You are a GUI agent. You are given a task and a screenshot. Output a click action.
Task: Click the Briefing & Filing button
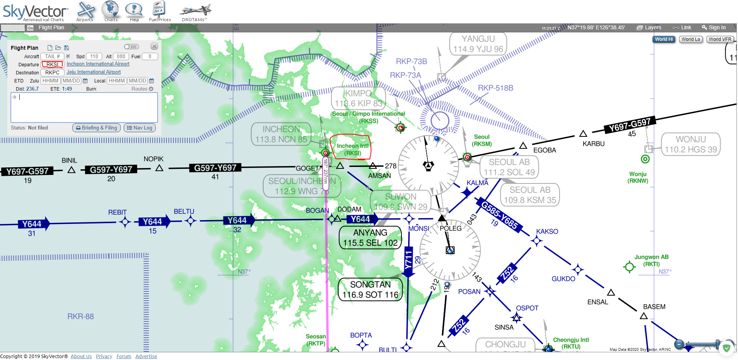pos(97,128)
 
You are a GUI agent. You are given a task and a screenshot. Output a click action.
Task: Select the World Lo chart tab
pos(691,39)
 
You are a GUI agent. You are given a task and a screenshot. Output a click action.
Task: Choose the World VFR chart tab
pos(720,39)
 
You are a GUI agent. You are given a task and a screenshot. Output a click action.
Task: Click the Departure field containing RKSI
pos(52,64)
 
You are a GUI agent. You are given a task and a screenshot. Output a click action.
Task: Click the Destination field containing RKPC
pos(52,72)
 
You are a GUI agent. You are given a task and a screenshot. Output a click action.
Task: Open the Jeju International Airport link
pos(94,72)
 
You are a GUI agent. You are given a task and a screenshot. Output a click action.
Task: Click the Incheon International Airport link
pos(98,64)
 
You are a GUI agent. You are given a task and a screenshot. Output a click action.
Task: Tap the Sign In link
pos(714,27)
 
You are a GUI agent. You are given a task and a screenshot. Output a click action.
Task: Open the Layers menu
pos(649,27)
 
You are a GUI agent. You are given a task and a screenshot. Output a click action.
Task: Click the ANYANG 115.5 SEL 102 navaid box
pos(370,238)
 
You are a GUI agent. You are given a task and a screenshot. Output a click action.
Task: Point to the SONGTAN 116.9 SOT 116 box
pos(370,289)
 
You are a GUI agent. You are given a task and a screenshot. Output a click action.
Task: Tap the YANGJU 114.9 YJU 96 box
pos(478,44)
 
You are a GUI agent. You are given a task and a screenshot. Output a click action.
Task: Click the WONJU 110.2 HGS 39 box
pos(691,144)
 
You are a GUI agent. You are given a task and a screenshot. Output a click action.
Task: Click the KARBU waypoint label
pos(593,144)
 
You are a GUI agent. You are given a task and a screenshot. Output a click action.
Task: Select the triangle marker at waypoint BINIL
pos(71,170)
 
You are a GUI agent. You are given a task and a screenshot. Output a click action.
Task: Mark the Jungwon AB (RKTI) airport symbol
pos(629,266)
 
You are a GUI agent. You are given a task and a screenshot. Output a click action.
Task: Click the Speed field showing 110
pos(94,56)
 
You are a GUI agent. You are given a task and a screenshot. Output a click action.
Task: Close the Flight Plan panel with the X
pos(154,46)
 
